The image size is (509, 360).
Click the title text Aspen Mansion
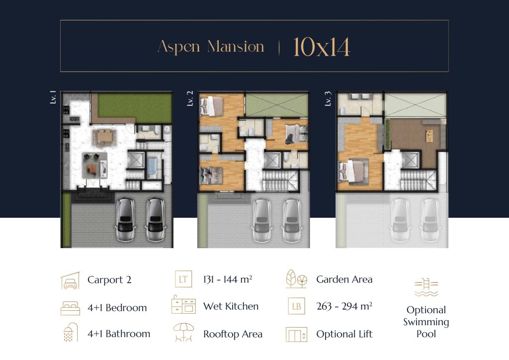coord(210,47)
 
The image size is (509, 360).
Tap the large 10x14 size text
coord(322,47)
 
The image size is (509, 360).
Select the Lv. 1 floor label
coord(53,97)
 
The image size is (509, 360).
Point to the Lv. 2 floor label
coord(190,98)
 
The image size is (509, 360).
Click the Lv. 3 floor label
coord(328,98)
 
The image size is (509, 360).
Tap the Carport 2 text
coord(109,280)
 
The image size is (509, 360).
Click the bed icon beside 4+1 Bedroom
coord(70,308)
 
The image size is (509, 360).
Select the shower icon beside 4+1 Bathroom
coord(70,333)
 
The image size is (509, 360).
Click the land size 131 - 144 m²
coord(228,279)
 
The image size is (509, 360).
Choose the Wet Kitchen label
coord(231,306)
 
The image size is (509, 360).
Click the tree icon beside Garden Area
coord(296,279)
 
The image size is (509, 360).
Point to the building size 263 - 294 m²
coord(344,306)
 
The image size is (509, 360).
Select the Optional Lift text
coord(344,334)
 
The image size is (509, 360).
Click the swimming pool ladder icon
coord(426,287)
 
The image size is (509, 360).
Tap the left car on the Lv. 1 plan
coord(125,219)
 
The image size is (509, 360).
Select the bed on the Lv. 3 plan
coord(353,170)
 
